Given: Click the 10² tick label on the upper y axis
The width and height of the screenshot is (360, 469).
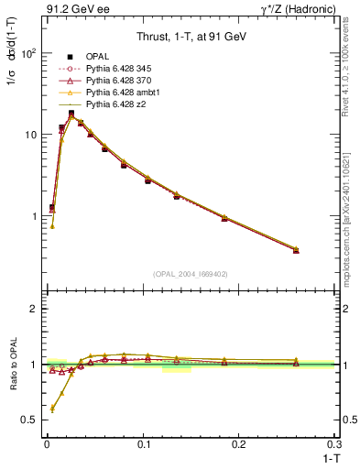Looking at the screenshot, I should [x=27, y=53].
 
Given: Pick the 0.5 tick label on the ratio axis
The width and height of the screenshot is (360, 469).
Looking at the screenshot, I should [x=27, y=420].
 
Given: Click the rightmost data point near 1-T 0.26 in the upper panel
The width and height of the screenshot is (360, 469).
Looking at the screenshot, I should [x=296, y=250].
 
